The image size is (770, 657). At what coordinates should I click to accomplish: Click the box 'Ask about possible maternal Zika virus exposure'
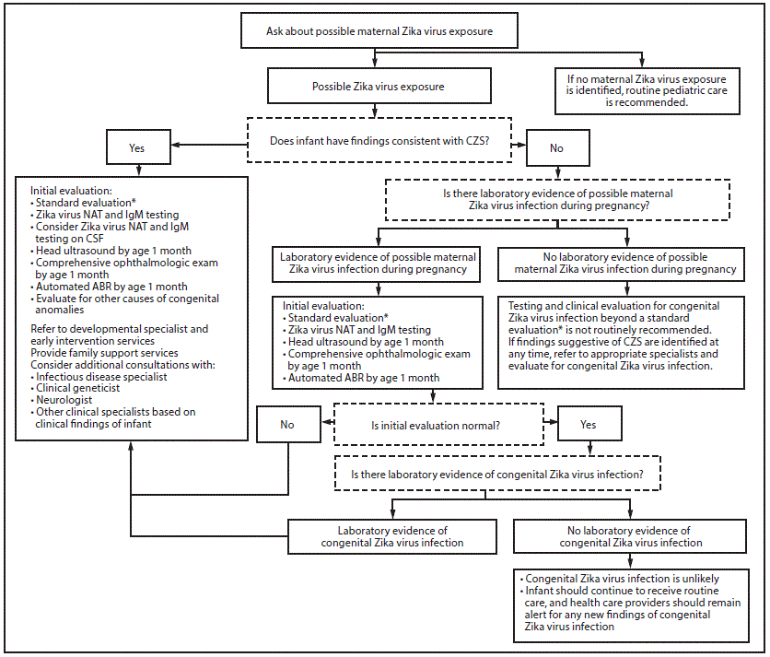[379, 30]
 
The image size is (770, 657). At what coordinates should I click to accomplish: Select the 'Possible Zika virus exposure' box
[378, 87]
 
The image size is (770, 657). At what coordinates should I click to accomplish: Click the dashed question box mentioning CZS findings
[379, 142]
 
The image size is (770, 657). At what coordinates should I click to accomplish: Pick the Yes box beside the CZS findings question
[137, 147]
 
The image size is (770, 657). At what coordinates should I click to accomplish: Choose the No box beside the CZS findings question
[555, 147]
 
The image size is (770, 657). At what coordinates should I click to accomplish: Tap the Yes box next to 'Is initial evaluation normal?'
[589, 425]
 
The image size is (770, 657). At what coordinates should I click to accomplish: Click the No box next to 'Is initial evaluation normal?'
[288, 426]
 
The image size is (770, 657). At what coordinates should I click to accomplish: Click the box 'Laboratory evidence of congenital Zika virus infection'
[391, 536]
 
